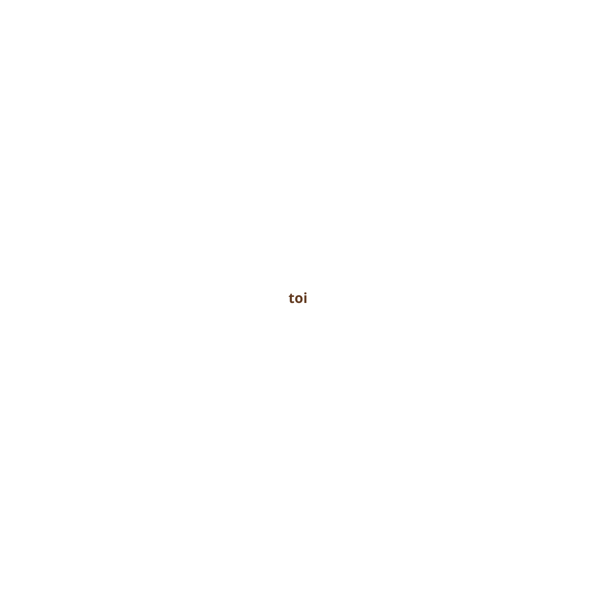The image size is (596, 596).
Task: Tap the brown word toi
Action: pos(298,299)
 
